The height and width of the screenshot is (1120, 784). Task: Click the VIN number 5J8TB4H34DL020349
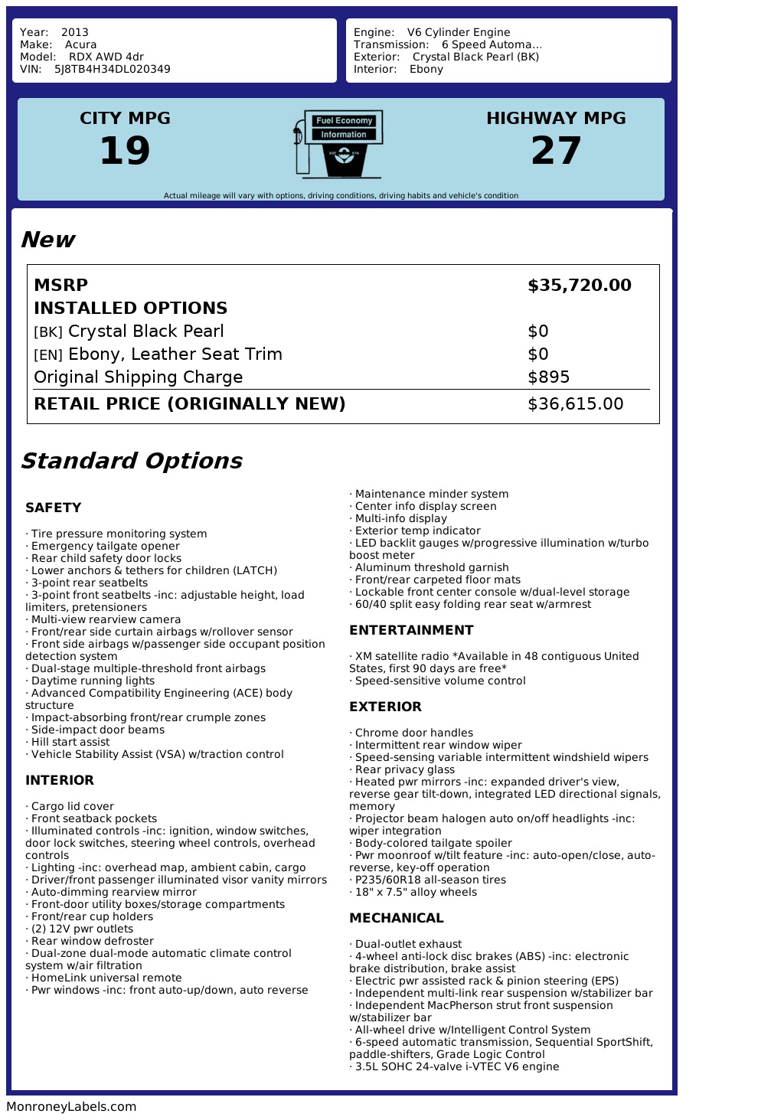(112, 70)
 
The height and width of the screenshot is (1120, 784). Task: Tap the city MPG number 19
(125, 150)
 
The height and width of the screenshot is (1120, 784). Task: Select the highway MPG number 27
(556, 150)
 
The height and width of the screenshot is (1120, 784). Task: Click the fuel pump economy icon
(338, 144)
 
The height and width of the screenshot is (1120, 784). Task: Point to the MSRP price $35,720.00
(579, 286)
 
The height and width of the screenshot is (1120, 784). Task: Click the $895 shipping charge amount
(548, 377)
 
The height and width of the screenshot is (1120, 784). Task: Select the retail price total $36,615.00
(575, 404)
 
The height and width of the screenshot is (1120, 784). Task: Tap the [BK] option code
(47, 332)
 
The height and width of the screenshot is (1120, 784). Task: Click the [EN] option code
(47, 355)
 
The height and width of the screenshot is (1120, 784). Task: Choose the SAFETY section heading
(53, 508)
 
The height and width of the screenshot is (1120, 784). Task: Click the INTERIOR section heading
(59, 780)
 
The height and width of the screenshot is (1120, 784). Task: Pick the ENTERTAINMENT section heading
(411, 630)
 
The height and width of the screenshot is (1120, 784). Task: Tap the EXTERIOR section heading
(385, 707)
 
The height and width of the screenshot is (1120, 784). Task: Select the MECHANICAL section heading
(396, 918)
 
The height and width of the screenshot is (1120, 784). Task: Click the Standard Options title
(131, 461)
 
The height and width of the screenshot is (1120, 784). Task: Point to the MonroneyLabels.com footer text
(71, 1106)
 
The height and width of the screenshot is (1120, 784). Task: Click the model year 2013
(75, 33)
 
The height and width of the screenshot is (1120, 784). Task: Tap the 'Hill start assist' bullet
(70, 742)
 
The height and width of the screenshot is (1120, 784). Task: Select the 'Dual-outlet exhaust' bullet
(408, 944)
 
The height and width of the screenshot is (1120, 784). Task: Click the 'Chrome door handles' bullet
(413, 733)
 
